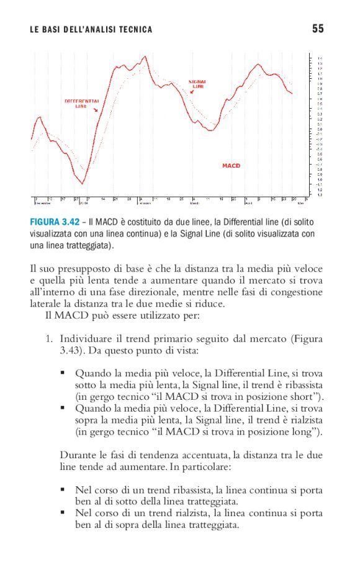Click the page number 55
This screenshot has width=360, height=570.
[x=318, y=28]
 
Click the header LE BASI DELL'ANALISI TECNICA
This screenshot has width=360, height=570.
[x=91, y=29]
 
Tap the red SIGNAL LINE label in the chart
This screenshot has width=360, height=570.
[x=197, y=84]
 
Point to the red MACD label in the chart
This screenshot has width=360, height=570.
[x=231, y=166]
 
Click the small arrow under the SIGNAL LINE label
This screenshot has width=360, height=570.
[x=192, y=92]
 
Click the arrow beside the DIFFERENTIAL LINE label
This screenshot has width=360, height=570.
[x=96, y=110]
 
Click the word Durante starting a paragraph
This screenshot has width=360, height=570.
[x=76, y=455]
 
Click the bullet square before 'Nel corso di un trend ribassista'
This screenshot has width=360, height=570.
[x=63, y=490]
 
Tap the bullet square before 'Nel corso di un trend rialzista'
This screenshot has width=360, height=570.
[x=63, y=513]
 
